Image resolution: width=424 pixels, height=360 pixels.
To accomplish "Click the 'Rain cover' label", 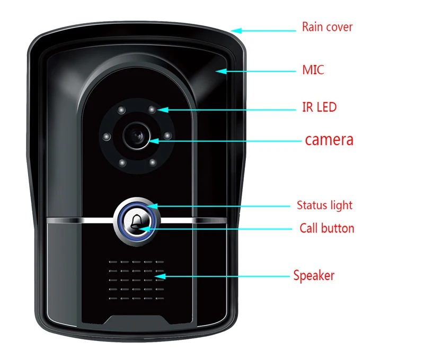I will (x=327, y=27).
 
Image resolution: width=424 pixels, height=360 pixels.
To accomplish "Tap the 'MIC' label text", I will (x=313, y=70).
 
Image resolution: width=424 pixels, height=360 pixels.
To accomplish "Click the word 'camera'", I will (x=329, y=140).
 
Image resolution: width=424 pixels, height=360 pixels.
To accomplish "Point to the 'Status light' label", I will (x=324, y=205).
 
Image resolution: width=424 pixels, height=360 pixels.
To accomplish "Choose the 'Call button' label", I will (x=326, y=228).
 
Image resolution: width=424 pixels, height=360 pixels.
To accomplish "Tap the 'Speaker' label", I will (x=314, y=275).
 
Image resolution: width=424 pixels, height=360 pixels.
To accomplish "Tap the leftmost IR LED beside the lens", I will (x=107, y=137).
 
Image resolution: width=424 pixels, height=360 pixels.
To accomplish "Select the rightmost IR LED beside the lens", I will (x=167, y=136).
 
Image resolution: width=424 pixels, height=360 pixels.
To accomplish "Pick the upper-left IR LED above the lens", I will (x=121, y=111).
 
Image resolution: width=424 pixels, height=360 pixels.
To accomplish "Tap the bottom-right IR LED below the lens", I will (x=152, y=162).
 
